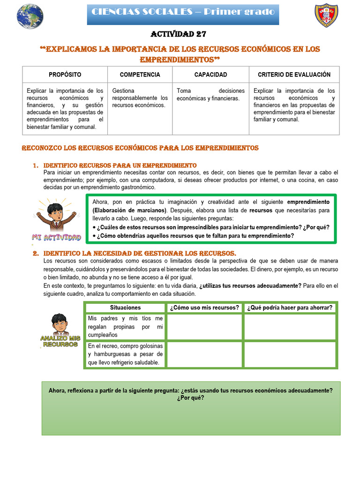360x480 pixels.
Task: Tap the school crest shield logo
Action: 326,16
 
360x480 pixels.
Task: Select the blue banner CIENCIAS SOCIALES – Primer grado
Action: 183,12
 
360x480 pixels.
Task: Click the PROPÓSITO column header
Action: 65,75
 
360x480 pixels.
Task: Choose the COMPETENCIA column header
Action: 140,75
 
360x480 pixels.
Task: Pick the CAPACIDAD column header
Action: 210,75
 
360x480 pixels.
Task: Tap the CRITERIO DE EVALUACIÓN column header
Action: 294,75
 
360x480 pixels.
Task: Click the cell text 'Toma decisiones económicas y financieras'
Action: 210,95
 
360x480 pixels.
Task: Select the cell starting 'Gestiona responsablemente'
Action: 140,98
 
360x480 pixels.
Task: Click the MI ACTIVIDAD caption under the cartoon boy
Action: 56,237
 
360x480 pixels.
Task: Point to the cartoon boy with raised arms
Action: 56,214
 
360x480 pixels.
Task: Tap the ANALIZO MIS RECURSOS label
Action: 60,341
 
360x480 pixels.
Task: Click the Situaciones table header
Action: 125,308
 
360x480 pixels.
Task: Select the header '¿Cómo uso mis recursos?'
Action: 204,308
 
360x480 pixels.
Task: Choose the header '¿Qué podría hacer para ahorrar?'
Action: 290,308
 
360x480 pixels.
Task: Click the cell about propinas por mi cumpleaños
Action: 125,327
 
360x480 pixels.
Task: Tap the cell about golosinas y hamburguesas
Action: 125,354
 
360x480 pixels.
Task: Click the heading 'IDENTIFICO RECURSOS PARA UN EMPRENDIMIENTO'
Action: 120,165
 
